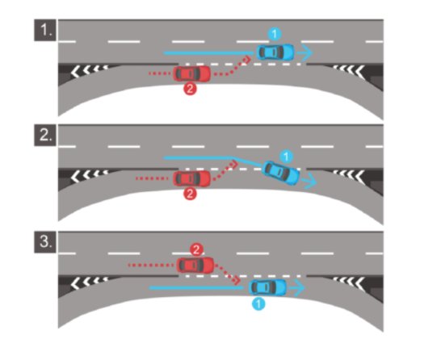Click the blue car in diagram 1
pos(275,52)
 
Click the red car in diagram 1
pos(191,73)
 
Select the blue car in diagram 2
pos(281,173)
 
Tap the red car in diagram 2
pos(191,178)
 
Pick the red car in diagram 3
pos(195,265)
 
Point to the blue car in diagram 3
pos(268,287)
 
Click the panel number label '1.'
pos(45,30)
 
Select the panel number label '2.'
pos(45,135)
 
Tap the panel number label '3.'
pos(45,241)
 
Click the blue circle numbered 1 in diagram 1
pos(275,34)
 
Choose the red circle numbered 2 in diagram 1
pos(190,89)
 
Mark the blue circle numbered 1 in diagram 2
pos(286,157)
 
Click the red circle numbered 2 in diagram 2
pos(190,194)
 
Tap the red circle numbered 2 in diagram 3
pos(196,249)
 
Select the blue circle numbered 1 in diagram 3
pos(258,304)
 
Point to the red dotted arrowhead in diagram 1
pos(247,59)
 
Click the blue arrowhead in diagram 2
pos(312,182)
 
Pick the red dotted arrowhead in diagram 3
pos(237,280)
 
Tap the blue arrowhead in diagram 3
pos(300,288)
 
